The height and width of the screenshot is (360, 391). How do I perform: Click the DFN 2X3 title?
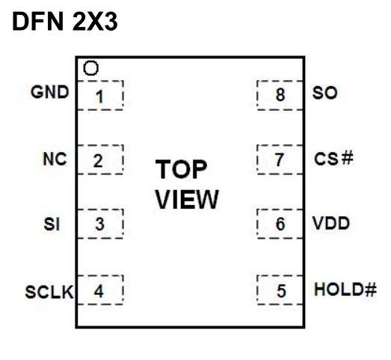click(x=65, y=22)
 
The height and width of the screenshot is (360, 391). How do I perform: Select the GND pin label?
click(x=49, y=92)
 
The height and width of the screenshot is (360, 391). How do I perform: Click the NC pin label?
click(x=55, y=159)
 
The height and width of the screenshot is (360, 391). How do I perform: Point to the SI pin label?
click(x=52, y=224)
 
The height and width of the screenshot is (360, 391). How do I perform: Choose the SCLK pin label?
click(x=49, y=292)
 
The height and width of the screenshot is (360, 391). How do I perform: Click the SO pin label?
click(x=324, y=93)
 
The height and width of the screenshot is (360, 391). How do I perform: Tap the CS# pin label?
click(x=333, y=159)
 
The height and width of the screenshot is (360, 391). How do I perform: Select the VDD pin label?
click(x=331, y=223)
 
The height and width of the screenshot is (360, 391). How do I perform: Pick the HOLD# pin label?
click(x=345, y=290)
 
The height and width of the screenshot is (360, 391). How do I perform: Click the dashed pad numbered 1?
click(x=100, y=95)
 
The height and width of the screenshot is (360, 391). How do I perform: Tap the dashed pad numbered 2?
click(x=100, y=159)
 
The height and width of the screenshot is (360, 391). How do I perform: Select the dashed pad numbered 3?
click(x=100, y=224)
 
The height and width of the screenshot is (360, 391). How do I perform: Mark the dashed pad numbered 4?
click(x=100, y=290)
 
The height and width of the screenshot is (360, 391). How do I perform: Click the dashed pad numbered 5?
click(x=280, y=290)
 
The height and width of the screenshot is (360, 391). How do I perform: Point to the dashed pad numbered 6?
click(x=280, y=224)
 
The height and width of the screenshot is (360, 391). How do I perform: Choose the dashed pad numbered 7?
click(x=280, y=159)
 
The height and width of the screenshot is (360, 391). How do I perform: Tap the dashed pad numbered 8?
click(x=280, y=95)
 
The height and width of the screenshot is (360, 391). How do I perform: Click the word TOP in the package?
click(x=181, y=169)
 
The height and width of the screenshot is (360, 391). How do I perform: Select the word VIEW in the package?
click(x=187, y=199)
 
